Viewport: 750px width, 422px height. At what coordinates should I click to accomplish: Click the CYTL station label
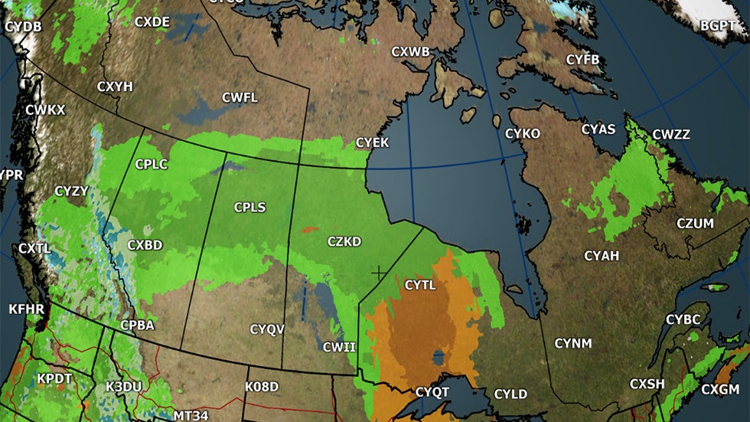(419, 286)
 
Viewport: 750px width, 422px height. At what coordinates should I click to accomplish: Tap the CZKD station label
(344, 242)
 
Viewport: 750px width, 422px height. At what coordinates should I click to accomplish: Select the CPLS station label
(250, 208)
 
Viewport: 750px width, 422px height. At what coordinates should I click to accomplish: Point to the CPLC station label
(151, 164)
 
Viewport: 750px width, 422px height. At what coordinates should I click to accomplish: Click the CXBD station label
(145, 246)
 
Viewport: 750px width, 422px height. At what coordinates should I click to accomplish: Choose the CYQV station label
(267, 329)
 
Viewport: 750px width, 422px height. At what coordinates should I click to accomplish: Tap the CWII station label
(339, 347)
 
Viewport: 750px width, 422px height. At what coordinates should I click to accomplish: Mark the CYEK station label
(373, 143)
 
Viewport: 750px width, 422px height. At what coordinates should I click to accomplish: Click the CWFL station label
(240, 97)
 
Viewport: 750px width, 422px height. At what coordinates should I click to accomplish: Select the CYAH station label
(602, 256)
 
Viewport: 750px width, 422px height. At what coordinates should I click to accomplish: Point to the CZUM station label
(695, 224)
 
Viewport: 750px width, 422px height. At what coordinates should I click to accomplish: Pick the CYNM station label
(573, 342)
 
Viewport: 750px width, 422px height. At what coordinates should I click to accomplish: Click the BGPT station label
(718, 26)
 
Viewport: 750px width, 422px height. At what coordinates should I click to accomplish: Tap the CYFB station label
(583, 60)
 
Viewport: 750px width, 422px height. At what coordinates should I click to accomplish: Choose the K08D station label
(262, 386)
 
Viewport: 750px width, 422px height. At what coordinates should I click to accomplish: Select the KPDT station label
(54, 379)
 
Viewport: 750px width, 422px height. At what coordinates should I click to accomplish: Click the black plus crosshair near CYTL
(378, 272)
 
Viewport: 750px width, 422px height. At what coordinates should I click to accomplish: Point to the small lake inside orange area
(439, 358)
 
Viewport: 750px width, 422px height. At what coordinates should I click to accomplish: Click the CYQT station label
(432, 392)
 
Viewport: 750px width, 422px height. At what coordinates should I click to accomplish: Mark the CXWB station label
(410, 52)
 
